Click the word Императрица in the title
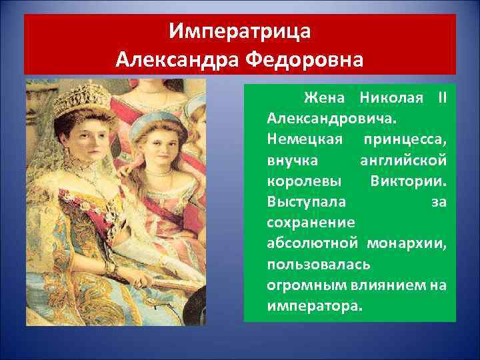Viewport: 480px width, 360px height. pyautogui.click(x=239, y=32)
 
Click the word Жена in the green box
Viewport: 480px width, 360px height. pyautogui.click(x=324, y=99)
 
